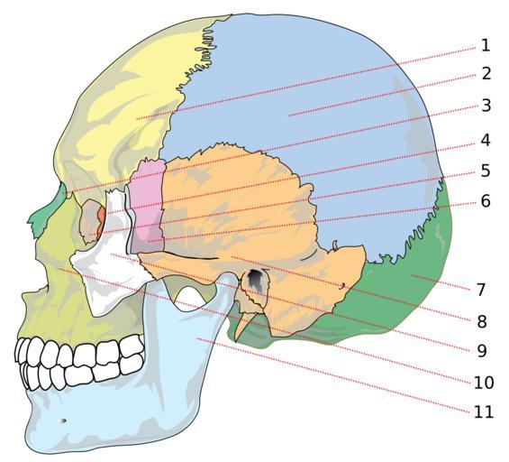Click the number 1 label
click(486, 45)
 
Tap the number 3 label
click(486, 106)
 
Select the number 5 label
click(486, 171)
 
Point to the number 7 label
click(481, 290)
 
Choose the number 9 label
click(482, 350)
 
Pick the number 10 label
click(484, 383)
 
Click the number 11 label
click(484, 412)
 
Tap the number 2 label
click(486, 73)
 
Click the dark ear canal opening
click(256, 279)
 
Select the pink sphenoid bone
click(146, 205)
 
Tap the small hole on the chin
click(63, 420)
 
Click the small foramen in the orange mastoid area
click(342, 286)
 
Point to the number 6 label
click(486, 201)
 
